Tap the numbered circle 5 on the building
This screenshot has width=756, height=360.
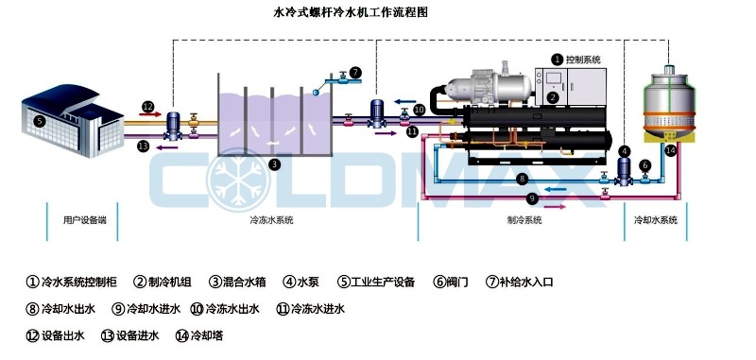(x=39, y=122)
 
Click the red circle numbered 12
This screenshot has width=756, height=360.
(x=147, y=106)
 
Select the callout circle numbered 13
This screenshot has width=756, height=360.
(x=143, y=146)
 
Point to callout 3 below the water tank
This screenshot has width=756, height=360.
(x=274, y=163)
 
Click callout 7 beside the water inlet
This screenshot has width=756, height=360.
(x=355, y=72)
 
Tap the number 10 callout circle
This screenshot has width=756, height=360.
(x=419, y=110)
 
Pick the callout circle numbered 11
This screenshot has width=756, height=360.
(x=411, y=132)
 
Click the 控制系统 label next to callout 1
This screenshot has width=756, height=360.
(x=582, y=60)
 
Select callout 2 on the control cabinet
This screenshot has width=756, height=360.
(x=553, y=96)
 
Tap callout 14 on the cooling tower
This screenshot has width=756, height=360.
(x=670, y=149)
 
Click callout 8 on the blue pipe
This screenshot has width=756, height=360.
(x=522, y=180)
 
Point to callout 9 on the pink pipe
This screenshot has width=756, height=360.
(x=532, y=198)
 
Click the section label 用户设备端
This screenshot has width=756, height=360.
(x=84, y=220)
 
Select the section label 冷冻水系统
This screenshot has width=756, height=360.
(x=271, y=220)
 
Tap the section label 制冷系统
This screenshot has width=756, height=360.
(x=524, y=220)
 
